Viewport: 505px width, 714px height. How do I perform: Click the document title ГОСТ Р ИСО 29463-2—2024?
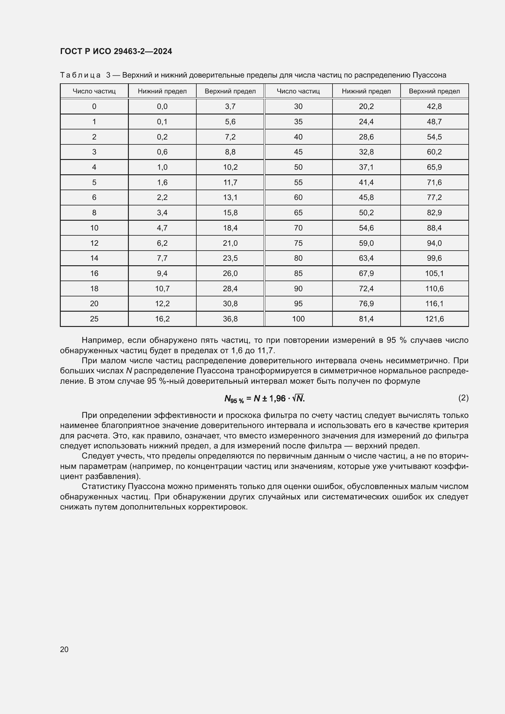(x=116, y=51)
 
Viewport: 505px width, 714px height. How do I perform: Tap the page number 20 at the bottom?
(x=64, y=649)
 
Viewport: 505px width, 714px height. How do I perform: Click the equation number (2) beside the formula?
(x=463, y=398)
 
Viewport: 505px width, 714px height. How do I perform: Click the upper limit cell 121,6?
(x=434, y=319)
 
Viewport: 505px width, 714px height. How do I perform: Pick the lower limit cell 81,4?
(x=366, y=319)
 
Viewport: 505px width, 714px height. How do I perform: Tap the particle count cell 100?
(x=298, y=319)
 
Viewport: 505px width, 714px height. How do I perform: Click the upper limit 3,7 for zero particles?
(x=230, y=107)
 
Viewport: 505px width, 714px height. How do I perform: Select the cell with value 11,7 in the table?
(x=230, y=183)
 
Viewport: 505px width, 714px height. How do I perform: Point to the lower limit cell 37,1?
(x=366, y=167)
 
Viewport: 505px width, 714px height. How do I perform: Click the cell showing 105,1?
(x=434, y=273)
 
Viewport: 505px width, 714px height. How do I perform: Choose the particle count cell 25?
(x=94, y=319)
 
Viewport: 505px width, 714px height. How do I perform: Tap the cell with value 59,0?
(x=366, y=243)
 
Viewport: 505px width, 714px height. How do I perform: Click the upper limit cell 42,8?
(x=434, y=107)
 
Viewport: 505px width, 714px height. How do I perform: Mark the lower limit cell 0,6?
(x=162, y=152)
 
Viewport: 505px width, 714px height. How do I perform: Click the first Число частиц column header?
(x=94, y=91)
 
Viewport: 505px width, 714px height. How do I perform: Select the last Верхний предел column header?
(x=434, y=91)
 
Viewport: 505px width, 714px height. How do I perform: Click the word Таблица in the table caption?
(x=80, y=75)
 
